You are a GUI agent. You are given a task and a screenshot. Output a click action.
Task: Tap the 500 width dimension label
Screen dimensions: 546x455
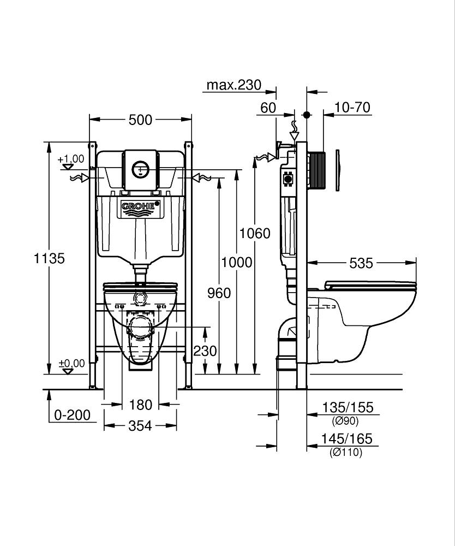point(140,120)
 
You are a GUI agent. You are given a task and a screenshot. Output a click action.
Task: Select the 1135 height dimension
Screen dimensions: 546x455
point(50,258)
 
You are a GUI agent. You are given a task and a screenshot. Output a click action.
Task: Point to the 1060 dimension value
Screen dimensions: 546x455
point(255,233)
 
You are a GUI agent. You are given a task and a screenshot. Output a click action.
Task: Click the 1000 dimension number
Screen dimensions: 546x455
point(237,262)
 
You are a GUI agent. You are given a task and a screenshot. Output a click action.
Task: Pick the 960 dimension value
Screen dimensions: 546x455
point(219,293)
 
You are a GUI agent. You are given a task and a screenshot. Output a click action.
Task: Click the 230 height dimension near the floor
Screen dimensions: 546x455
point(205,351)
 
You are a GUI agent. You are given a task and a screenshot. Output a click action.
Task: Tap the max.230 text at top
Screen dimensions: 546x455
point(234,85)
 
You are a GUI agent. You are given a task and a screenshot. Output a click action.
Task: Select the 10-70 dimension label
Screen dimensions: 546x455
point(352,107)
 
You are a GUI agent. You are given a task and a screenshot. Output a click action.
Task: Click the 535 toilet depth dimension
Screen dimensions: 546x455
point(361,263)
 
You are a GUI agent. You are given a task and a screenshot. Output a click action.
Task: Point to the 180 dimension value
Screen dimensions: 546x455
point(140,405)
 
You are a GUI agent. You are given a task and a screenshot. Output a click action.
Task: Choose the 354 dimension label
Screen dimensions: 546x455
point(140,426)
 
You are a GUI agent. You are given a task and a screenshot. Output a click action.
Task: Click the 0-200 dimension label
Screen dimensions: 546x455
point(73,415)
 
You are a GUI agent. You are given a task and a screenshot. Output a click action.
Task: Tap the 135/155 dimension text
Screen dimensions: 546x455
point(348,407)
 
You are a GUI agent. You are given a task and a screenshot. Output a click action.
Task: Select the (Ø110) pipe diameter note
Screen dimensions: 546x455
point(346,452)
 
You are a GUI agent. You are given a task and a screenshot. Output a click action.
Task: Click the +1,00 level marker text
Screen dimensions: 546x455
point(71,159)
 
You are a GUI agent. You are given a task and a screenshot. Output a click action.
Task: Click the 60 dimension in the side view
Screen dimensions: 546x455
point(268,108)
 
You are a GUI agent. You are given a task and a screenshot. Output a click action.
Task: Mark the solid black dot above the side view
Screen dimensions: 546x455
point(307,115)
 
